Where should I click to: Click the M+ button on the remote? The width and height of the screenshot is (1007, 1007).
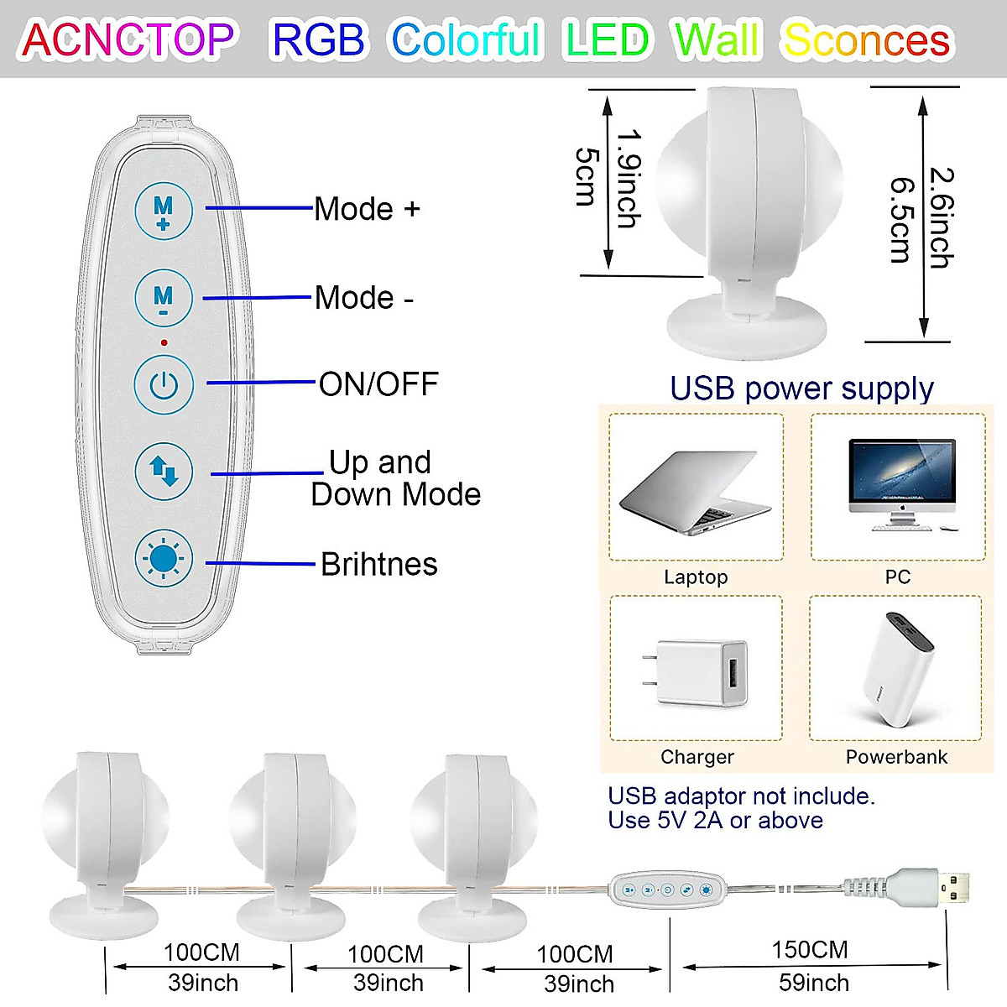click(x=164, y=210)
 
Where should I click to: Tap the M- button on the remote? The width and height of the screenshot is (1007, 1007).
click(x=164, y=297)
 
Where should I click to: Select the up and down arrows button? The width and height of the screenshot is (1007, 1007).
click(x=164, y=472)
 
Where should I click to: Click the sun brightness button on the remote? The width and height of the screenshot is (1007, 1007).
click(x=164, y=559)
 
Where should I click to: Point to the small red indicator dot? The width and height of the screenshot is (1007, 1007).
click(x=164, y=342)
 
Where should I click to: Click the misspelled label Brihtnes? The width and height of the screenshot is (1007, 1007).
click(x=378, y=564)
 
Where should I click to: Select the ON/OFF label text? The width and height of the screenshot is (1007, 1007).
click(x=378, y=384)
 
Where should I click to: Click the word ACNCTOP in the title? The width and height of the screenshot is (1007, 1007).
click(x=128, y=39)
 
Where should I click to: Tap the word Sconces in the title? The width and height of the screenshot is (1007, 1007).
click(x=866, y=39)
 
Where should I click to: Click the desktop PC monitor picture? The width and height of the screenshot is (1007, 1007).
click(x=901, y=484)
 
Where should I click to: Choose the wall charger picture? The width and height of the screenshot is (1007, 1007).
click(x=696, y=671)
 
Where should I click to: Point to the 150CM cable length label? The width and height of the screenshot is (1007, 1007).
click(x=810, y=949)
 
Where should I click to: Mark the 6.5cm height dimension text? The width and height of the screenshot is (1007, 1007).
click(x=900, y=219)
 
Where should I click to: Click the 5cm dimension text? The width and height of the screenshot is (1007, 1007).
click(x=587, y=176)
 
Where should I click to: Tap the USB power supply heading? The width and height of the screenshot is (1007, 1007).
click(x=801, y=388)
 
